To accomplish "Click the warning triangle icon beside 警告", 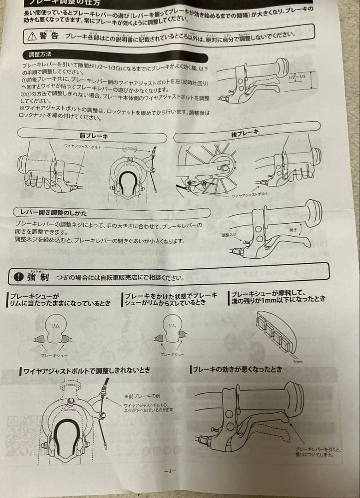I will coord(32,37).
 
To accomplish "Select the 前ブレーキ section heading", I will coord(94,136).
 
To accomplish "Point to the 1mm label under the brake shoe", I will coord(298,362).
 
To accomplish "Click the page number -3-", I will coord(170,471).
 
